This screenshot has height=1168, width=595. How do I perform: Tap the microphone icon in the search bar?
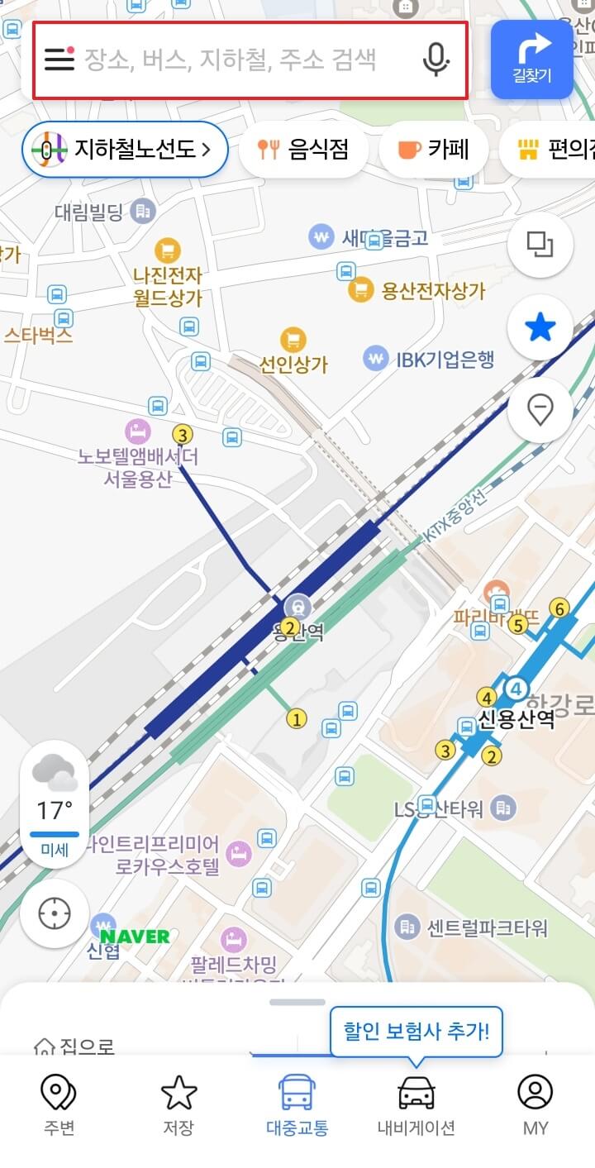[x=436, y=60]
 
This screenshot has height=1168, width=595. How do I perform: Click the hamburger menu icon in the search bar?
[x=59, y=60]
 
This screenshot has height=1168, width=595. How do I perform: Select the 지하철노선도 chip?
[x=125, y=150]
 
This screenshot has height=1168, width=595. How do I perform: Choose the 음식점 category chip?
[x=302, y=150]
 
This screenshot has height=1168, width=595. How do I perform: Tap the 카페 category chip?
[x=433, y=150]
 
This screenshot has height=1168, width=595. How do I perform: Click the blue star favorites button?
[x=540, y=328]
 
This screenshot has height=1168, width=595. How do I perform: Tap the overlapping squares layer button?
[x=540, y=245]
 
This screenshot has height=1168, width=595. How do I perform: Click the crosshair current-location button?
[x=55, y=913]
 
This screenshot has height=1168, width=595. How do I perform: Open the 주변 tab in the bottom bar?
[x=59, y=1104]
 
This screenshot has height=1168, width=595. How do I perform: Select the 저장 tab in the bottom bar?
[x=178, y=1104]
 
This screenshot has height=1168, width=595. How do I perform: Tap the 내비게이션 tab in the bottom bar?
[x=416, y=1104]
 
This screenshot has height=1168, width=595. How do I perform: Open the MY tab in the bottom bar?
[x=535, y=1104]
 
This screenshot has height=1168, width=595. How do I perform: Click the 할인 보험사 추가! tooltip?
[x=416, y=1032]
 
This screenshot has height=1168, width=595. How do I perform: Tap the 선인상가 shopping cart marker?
[x=293, y=339]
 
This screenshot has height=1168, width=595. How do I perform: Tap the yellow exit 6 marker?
[x=560, y=609]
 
